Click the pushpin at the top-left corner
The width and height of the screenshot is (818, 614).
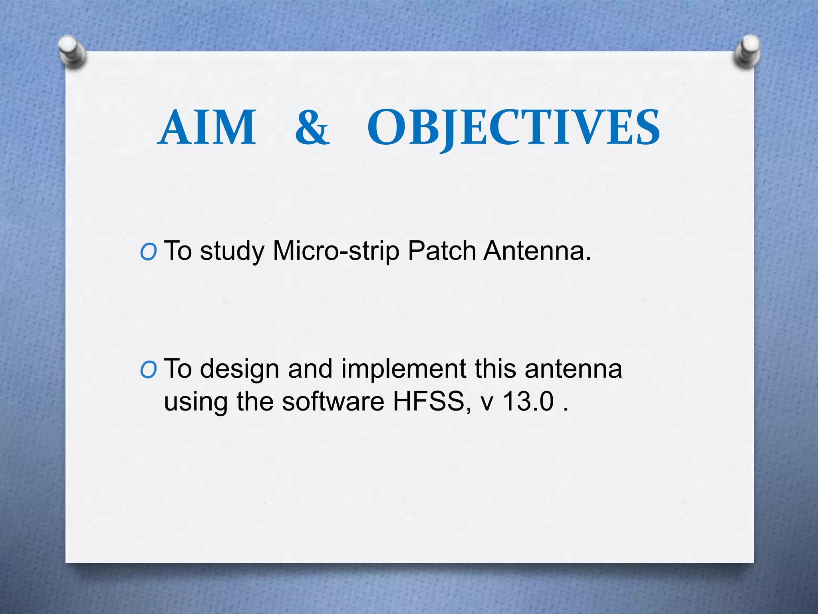tap(72, 52)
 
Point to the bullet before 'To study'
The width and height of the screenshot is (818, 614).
tap(148, 253)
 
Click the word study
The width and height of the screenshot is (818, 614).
tap(232, 252)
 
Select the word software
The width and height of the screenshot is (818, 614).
tap(333, 401)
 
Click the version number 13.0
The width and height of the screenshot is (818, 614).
tap(528, 401)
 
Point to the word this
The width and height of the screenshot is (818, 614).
tap(495, 369)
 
